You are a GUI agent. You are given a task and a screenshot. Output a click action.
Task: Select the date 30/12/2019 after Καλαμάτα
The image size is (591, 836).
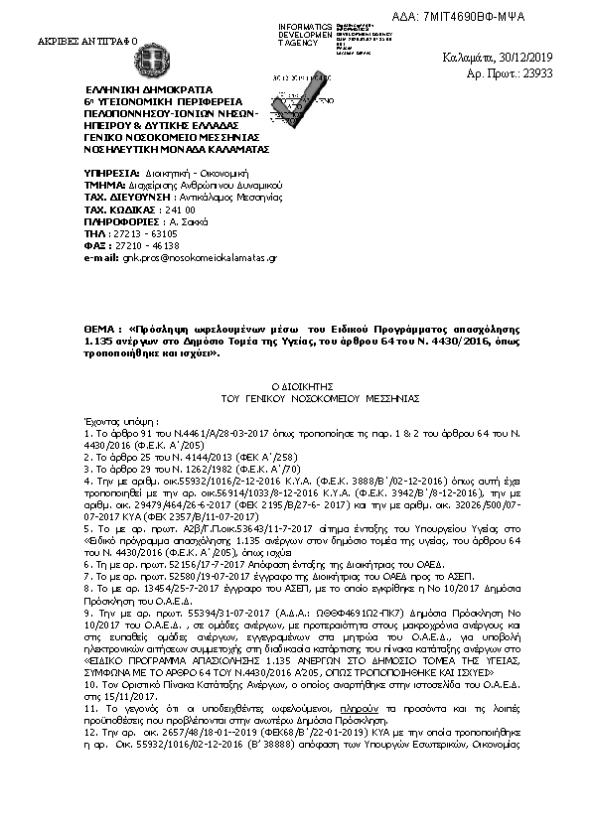(551, 58)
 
